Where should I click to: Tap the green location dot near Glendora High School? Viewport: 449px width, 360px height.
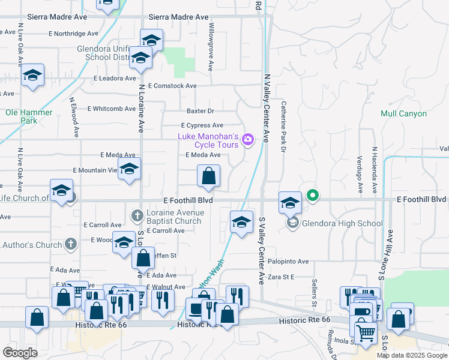312,195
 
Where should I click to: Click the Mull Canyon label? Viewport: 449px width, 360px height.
403,113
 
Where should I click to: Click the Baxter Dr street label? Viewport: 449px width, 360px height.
200,111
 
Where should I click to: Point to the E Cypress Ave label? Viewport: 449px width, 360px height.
202,125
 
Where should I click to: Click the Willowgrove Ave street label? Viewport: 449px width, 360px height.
211,48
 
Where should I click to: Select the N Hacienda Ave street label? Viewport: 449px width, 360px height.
375,170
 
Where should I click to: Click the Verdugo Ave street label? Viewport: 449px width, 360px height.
360,174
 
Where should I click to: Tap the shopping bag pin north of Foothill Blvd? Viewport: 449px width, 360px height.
208,176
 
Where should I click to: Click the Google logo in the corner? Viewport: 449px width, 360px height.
20,352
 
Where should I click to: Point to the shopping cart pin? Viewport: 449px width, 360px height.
365,332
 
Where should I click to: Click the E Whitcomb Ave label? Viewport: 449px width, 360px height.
112,109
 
